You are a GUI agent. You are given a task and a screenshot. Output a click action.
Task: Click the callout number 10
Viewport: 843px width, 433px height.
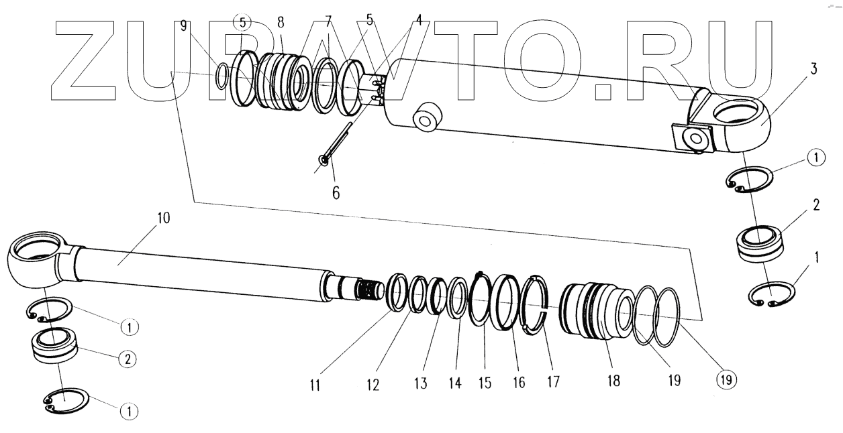(164, 219)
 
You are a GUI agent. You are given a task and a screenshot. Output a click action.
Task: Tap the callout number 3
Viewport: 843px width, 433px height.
(813, 70)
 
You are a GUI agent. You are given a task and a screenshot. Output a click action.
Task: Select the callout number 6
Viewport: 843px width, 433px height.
(336, 192)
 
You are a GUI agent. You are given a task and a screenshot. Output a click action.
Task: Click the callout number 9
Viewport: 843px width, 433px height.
(183, 26)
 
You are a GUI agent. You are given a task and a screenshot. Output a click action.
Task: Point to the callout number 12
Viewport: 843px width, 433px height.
(373, 385)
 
